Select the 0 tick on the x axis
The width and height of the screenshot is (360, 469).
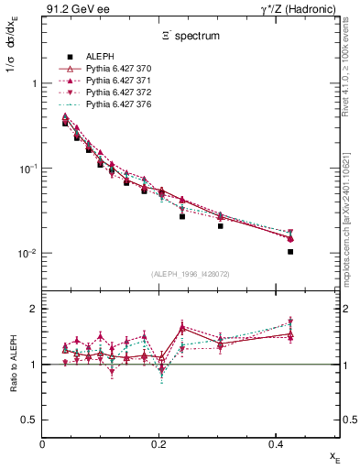(43, 444)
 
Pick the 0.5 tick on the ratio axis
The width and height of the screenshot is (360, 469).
(30, 420)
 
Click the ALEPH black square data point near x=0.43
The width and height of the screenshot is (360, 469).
(290, 252)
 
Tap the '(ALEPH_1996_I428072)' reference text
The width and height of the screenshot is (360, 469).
(191, 274)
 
